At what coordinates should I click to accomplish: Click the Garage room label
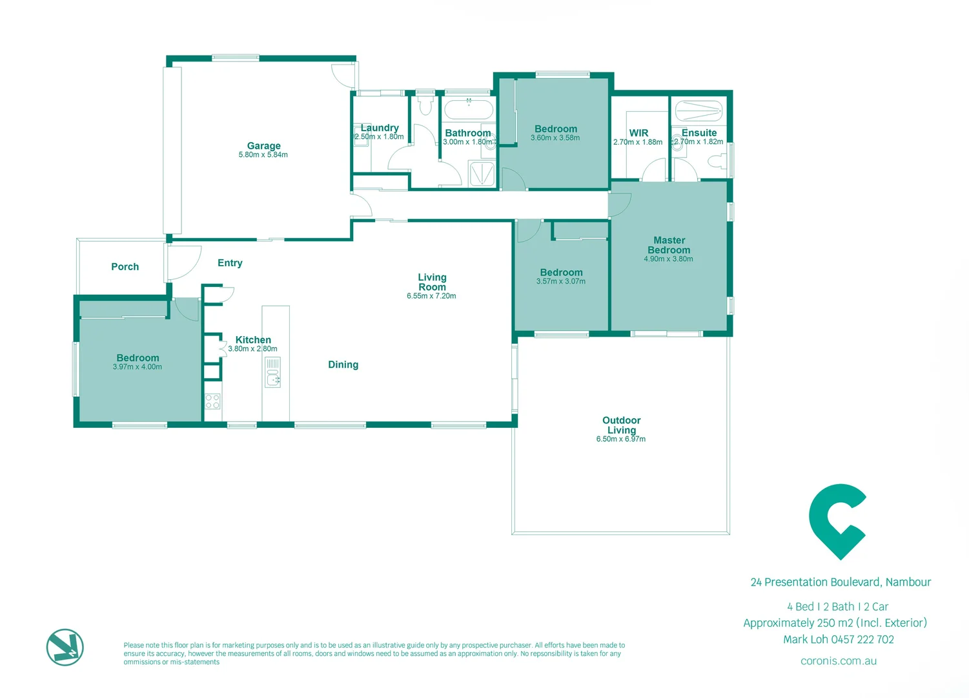coord(263,145)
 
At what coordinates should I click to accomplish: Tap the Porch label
coord(125,266)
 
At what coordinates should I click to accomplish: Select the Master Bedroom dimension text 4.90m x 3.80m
coord(668,259)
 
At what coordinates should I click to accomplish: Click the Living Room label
coord(432,282)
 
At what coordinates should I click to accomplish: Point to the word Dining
coord(343,365)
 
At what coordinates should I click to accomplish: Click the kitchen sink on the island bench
coord(273,374)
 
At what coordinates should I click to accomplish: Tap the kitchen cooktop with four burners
coord(212,401)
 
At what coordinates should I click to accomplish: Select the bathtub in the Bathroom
coord(469,109)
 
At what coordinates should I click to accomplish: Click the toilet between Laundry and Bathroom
coord(424,105)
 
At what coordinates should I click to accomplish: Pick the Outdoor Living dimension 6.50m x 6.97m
coord(620,439)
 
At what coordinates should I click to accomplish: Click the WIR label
coord(638,132)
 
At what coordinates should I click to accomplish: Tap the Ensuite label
coord(699,132)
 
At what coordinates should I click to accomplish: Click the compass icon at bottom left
coord(65,647)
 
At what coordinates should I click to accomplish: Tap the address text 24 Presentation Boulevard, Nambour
coord(841,582)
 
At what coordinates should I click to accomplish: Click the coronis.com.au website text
coord(838,661)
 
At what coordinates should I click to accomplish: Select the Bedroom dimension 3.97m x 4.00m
coord(137,367)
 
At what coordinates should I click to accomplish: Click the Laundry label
coord(380,127)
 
